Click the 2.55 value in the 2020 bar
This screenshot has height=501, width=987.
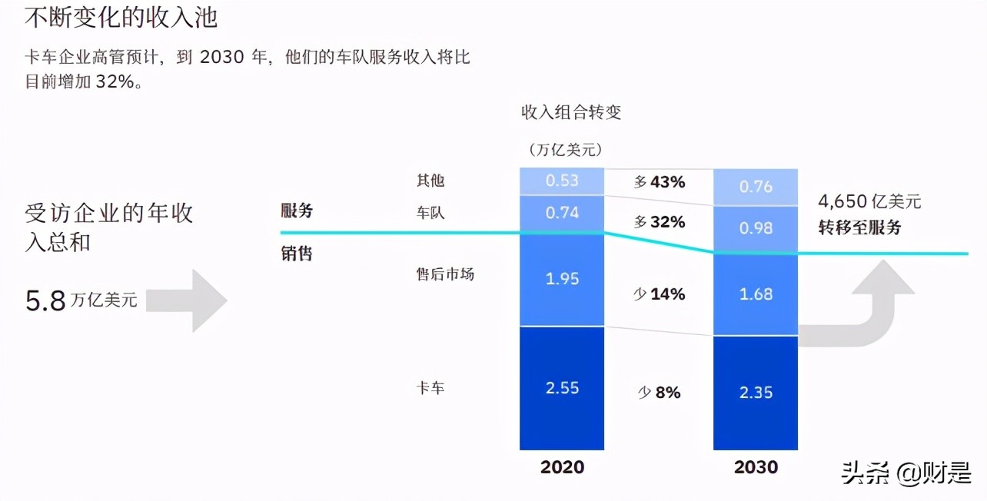562,388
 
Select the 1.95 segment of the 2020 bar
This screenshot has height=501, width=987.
562,279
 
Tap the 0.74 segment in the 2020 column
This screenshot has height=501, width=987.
562,213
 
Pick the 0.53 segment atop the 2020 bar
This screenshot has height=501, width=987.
562,181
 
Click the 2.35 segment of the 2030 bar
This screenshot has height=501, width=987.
756,393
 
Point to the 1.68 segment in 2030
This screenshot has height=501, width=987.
756,294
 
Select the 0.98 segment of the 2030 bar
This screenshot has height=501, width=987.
756,228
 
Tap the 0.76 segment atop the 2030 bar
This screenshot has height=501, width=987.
756,187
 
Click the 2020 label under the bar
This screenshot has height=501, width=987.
562,467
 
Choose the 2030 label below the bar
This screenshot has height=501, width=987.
756,467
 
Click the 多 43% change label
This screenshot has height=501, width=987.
659,182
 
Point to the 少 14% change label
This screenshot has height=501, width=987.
659,294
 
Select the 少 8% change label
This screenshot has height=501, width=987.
659,393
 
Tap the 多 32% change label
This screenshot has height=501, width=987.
659,222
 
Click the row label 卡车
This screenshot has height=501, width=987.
430,388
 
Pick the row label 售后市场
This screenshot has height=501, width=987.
445,274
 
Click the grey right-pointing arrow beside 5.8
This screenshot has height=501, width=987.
188,300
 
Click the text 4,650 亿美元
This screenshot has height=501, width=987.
869,203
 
